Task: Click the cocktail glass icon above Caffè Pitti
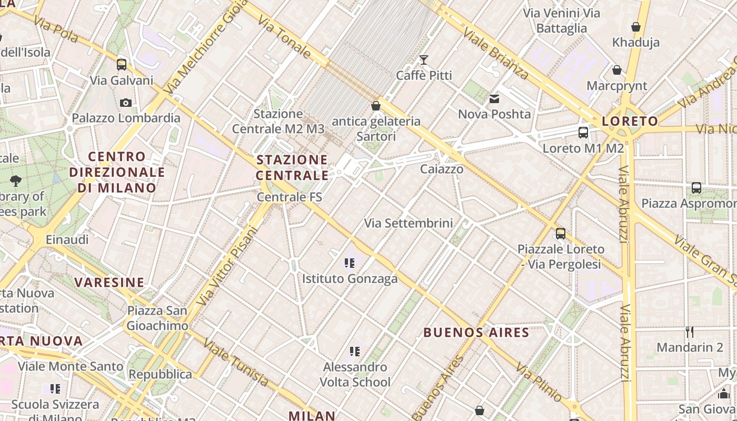tap(423, 59)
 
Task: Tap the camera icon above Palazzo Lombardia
tap(126, 103)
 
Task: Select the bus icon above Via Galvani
tap(122, 65)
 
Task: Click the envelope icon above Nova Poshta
tap(494, 98)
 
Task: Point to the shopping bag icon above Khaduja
tap(636, 27)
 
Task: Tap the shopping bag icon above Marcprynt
tap(616, 70)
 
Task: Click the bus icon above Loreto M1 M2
tap(583, 133)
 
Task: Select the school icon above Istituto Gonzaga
tap(349, 263)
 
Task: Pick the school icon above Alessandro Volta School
tap(355, 351)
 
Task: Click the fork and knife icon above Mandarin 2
tap(690, 332)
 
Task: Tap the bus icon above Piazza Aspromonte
tap(696, 188)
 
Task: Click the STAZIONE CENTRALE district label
tap(292, 167)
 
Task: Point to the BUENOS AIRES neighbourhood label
tap(476, 333)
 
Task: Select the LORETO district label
tap(630, 122)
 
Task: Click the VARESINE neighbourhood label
tap(109, 283)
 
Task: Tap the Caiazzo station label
tap(442, 169)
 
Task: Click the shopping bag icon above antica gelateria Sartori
tap(376, 106)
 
